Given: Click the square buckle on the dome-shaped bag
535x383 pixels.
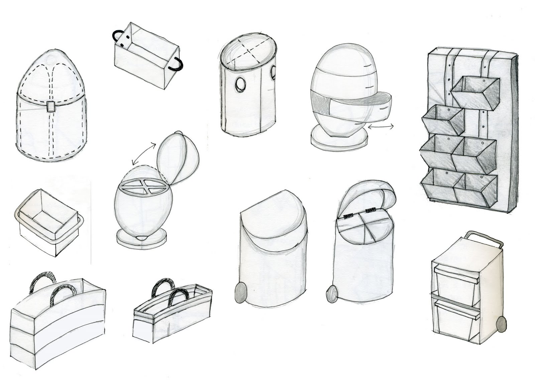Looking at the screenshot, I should [51, 107].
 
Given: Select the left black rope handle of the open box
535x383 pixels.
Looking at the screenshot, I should [117, 35].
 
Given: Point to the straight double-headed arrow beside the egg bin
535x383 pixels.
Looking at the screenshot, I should [381, 126].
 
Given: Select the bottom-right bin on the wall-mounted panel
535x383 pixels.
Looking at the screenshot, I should [476, 188].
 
